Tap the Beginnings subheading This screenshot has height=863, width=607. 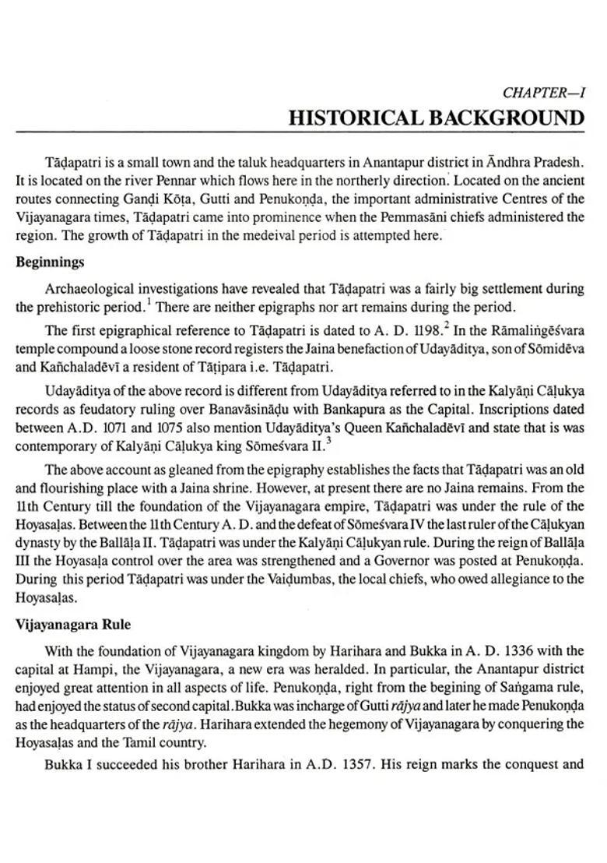click(50, 262)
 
